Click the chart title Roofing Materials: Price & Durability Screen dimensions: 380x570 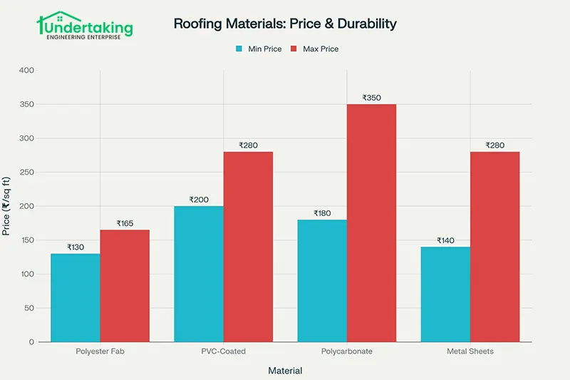(285, 24)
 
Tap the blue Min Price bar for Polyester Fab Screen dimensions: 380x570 (75, 297)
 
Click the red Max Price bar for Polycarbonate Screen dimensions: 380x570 (371, 222)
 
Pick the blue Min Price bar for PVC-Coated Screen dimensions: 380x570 (199, 274)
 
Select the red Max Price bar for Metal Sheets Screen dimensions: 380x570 (494, 247)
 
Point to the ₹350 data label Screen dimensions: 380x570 (371, 98)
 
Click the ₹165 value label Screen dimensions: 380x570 (125, 223)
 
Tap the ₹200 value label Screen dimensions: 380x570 (199, 200)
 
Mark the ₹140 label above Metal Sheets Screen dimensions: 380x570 (445, 240)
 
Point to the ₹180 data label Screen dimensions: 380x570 (322, 213)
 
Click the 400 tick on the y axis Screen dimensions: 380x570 (26, 71)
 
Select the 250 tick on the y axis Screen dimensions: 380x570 (26, 173)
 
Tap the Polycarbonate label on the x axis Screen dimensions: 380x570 (347, 352)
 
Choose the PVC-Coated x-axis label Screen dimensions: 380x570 (224, 352)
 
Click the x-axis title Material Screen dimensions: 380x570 (285, 371)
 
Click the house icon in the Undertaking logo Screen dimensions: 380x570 (51, 21)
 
